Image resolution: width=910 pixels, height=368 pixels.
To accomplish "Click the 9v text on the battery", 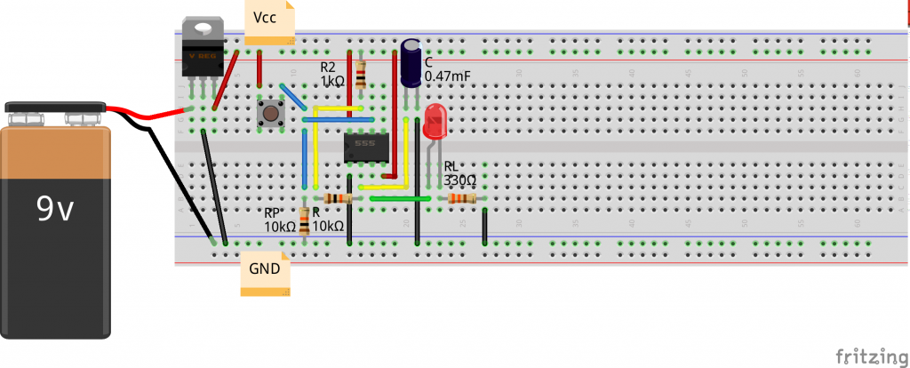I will pyautogui.click(x=55, y=209).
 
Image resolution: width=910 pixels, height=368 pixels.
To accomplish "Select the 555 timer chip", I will pyautogui.click(x=364, y=147).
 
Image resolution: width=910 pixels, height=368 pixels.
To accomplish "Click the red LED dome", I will pyautogui.click(x=435, y=121).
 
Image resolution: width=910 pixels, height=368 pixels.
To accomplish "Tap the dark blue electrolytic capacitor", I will pyautogui.click(x=411, y=62).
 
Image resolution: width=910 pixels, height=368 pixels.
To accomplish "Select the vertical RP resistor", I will pyautogui.click(x=305, y=220).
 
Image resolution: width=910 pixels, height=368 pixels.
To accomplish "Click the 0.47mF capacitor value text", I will pyautogui.click(x=448, y=77).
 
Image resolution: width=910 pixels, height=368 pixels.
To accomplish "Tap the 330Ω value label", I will pyautogui.click(x=460, y=180).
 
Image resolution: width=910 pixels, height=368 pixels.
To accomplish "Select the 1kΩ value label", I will pyautogui.click(x=331, y=81).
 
